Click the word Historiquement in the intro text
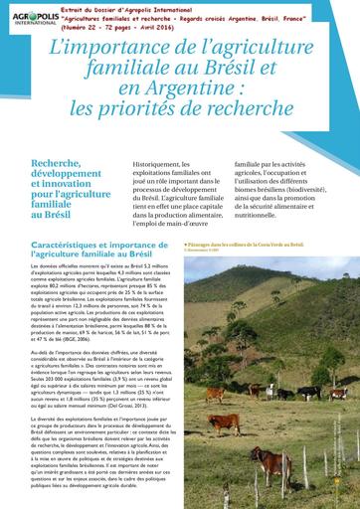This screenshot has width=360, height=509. (164, 164)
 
